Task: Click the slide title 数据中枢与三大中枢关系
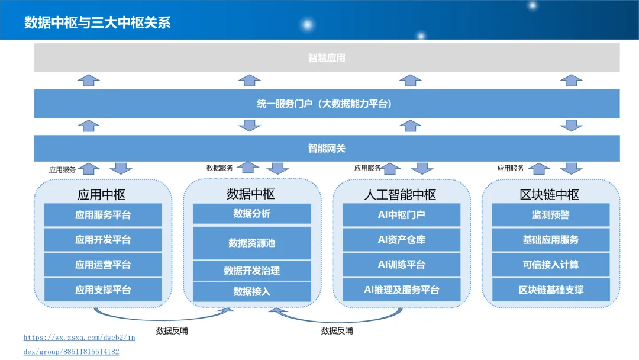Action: (97, 22)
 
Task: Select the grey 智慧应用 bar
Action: (327, 58)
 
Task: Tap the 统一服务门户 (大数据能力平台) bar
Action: (327, 104)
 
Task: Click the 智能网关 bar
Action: (327, 149)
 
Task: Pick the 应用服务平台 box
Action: (103, 215)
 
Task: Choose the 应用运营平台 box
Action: (103, 265)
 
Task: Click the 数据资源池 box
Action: (252, 243)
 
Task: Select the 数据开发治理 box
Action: (252, 270)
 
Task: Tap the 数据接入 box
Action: (252, 291)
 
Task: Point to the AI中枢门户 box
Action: (402, 215)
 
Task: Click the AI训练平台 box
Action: (402, 265)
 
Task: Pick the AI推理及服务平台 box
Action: (402, 290)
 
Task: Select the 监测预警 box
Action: (551, 215)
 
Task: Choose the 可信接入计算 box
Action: (551, 265)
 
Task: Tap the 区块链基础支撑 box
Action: (551, 290)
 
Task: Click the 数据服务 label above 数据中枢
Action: (220, 168)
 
